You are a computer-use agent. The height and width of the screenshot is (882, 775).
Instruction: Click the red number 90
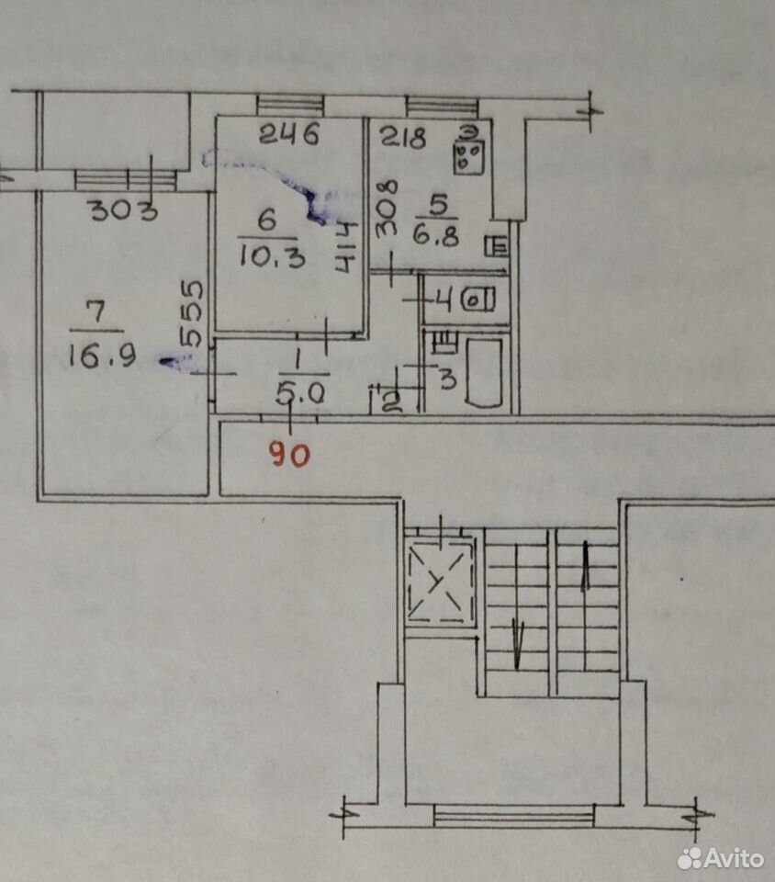pyautogui.click(x=290, y=454)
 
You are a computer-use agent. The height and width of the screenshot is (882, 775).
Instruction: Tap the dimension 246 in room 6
pyautogui.click(x=290, y=134)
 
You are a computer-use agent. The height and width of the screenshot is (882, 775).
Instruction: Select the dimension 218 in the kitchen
pyautogui.click(x=403, y=137)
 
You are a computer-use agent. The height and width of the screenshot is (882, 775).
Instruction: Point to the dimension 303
pyautogui.click(x=124, y=210)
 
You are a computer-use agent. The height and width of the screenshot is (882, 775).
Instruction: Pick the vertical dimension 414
pyautogui.click(x=347, y=247)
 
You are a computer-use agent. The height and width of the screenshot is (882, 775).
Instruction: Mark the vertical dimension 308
pyautogui.click(x=387, y=208)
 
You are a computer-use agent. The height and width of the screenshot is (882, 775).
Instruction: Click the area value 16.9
pyautogui.click(x=102, y=356)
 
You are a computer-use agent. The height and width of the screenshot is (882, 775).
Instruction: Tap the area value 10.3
pyautogui.click(x=273, y=256)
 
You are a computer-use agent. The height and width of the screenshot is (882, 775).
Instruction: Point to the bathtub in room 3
pyautogui.click(x=483, y=372)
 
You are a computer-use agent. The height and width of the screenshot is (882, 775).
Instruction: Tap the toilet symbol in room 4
pyautogui.click(x=478, y=300)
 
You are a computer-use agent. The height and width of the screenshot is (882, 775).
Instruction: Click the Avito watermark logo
pyautogui.click(x=721, y=858)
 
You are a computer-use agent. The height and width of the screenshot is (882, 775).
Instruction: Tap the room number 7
pyautogui.click(x=96, y=312)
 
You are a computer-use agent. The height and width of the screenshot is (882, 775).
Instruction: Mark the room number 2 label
pyautogui.click(x=391, y=402)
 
